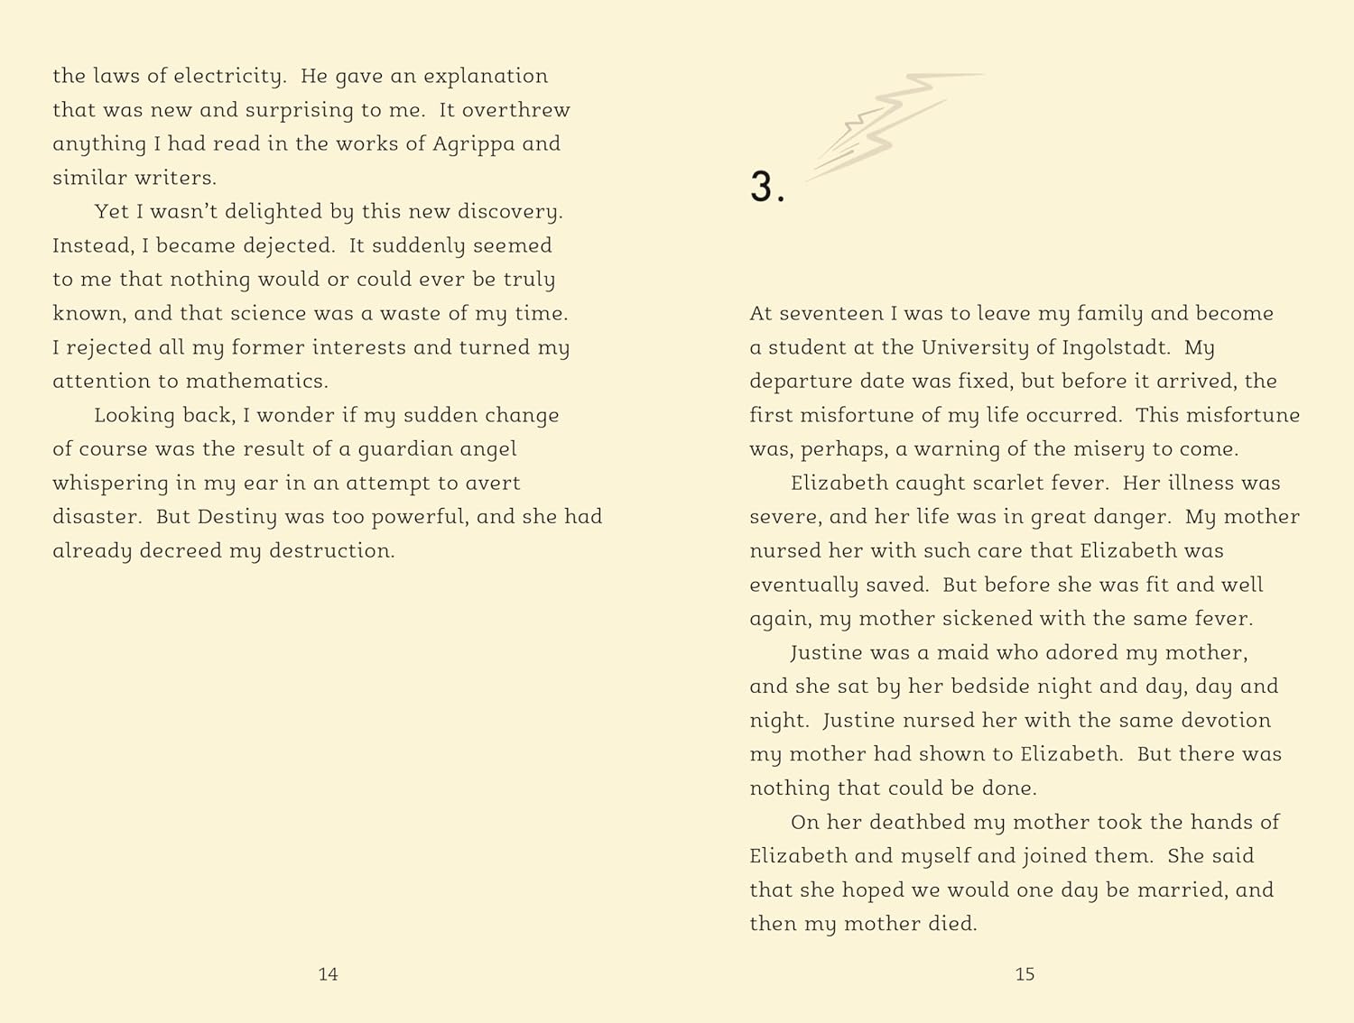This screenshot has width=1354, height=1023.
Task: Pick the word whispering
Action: (x=110, y=484)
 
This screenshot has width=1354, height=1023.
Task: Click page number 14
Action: (x=328, y=974)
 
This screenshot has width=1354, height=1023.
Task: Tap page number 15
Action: (x=1025, y=974)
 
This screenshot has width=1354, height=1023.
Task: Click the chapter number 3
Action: (x=766, y=188)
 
